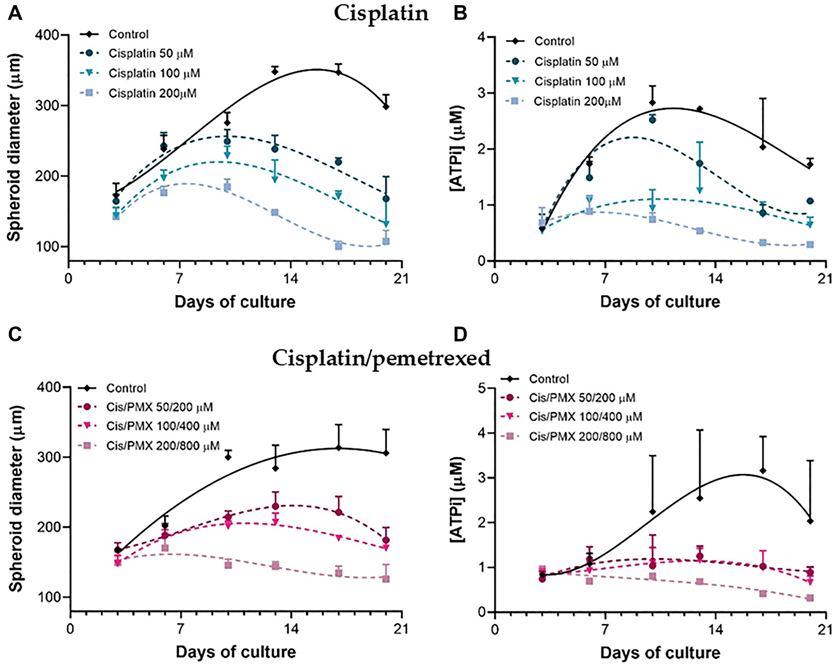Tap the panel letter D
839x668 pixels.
[x=460, y=334]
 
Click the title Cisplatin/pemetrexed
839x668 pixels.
[x=381, y=358]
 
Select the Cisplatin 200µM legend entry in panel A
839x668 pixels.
[x=152, y=93]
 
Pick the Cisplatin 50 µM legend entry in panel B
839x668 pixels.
[x=576, y=62]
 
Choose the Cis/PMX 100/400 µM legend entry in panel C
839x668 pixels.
[x=163, y=426]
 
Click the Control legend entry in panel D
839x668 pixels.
[x=548, y=379]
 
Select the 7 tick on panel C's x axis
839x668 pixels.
[x=181, y=629]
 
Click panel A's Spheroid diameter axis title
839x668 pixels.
[x=14, y=148]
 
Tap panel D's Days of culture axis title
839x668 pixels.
[x=660, y=652]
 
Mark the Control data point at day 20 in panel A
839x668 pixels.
[x=386, y=107]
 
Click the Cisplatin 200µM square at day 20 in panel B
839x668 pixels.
[x=810, y=244]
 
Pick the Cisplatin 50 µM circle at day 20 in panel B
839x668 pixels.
[x=810, y=201]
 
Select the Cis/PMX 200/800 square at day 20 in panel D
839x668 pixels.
[x=810, y=598]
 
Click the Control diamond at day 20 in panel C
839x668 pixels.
[x=386, y=453]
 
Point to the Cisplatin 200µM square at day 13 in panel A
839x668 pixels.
[x=275, y=212]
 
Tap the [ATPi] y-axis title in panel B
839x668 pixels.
[x=457, y=148]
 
